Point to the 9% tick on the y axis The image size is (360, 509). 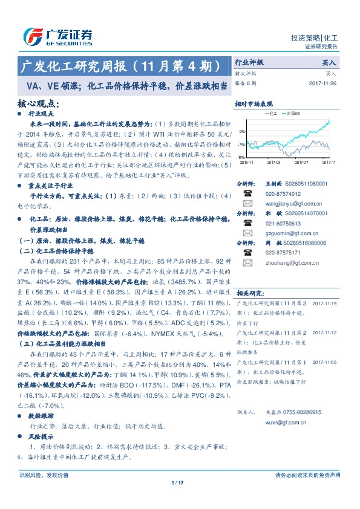tap(241, 131)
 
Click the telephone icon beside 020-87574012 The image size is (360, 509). tap(247, 193)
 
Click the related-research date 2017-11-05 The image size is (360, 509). tap(324, 362)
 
